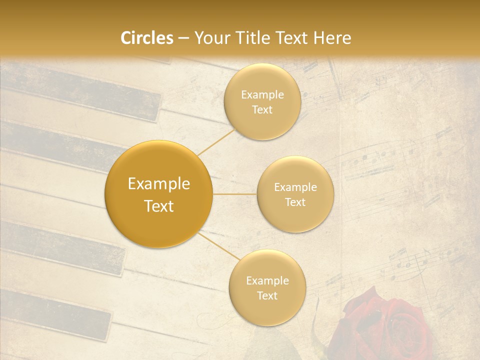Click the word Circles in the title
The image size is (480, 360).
(x=146, y=38)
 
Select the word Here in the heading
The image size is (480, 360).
(x=331, y=38)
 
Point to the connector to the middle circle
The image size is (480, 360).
(x=235, y=194)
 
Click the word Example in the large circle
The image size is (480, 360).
(x=159, y=184)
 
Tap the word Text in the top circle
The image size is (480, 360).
(x=262, y=109)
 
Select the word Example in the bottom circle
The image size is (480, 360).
(x=267, y=280)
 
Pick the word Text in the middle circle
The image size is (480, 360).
(x=295, y=202)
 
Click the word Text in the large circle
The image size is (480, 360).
(x=159, y=206)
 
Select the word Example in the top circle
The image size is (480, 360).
(x=262, y=94)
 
